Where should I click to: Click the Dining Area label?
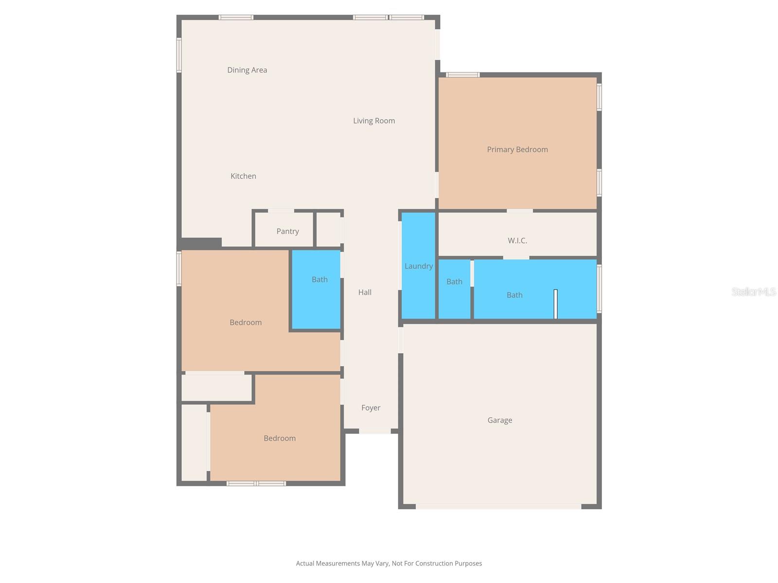(x=247, y=70)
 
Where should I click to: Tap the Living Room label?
(x=374, y=120)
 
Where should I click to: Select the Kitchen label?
(x=243, y=176)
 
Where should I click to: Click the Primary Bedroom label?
(x=517, y=149)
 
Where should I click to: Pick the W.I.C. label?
(x=517, y=240)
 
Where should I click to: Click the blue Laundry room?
(x=418, y=266)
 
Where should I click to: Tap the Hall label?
(x=365, y=292)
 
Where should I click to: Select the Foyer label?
(x=371, y=408)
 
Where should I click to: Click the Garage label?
(x=500, y=420)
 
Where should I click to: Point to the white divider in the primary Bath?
(x=555, y=304)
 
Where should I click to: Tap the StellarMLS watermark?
(x=754, y=291)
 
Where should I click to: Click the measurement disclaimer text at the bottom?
(x=389, y=564)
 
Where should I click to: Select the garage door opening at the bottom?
(x=498, y=506)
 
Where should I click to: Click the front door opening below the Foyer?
(x=374, y=431)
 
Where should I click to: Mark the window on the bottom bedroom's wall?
(x=256, y=483)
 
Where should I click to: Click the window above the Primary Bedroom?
(x=463, y=75)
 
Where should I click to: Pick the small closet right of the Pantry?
(x=329, y=230)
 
